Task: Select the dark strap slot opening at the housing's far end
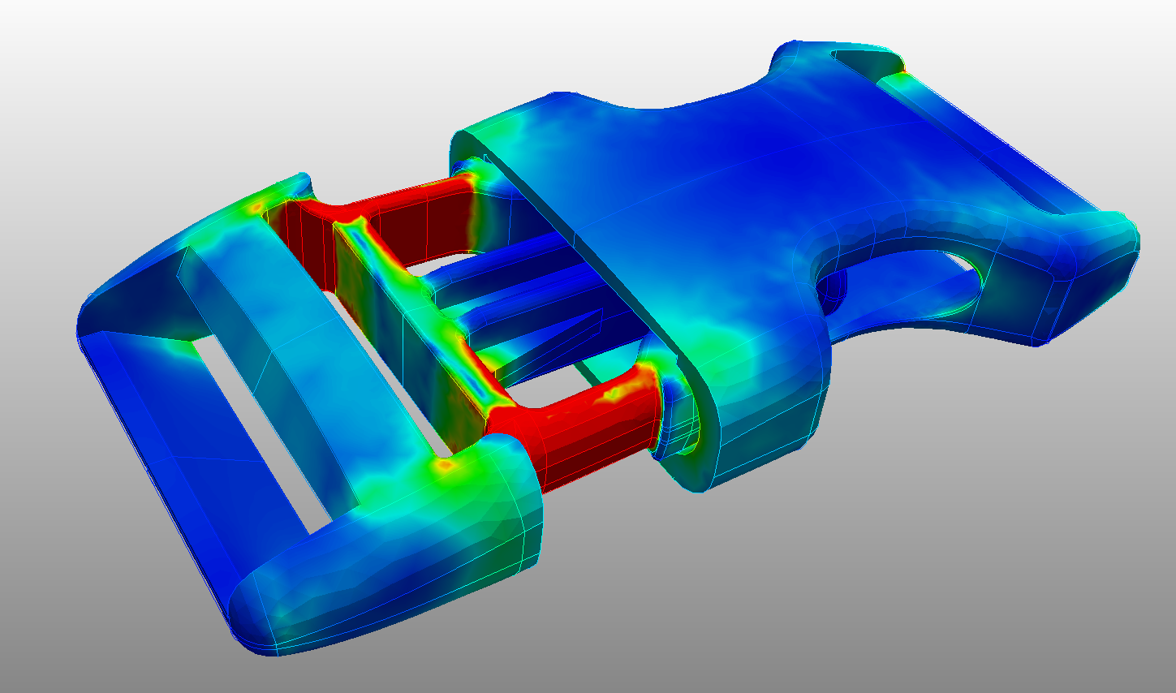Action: [x=864, y=60]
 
